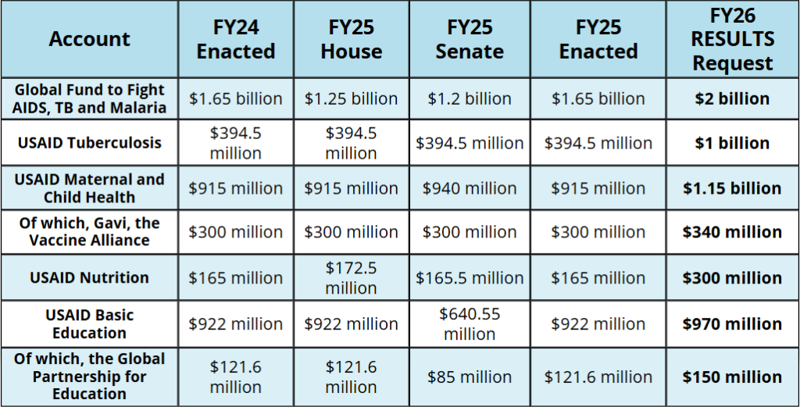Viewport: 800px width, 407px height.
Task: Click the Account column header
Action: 89,39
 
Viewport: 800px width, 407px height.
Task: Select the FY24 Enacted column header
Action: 235,40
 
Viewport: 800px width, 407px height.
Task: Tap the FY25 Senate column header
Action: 470,40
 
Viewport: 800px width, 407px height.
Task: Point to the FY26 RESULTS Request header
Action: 733,39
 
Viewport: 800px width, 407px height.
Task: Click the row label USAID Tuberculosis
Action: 89,143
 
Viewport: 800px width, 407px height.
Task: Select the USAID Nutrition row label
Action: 89,277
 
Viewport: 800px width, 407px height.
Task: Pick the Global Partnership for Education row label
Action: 89,376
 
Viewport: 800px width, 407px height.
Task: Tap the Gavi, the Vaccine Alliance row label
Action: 89,232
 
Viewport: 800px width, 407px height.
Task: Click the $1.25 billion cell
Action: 351,99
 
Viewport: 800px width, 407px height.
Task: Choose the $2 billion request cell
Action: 733,99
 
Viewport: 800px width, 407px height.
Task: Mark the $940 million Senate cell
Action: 470,188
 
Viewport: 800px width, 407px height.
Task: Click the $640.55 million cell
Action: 470,323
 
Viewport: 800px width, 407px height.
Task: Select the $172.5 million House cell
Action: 351,277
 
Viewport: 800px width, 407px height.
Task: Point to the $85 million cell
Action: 470,377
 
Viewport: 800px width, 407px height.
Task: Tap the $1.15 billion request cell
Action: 733,188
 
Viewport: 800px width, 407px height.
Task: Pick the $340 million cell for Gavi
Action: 733,232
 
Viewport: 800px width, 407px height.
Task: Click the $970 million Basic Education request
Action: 733,323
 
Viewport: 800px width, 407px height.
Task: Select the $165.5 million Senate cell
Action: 470,277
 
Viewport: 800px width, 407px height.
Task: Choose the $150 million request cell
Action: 733,377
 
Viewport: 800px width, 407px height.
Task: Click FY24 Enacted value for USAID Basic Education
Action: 235,323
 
